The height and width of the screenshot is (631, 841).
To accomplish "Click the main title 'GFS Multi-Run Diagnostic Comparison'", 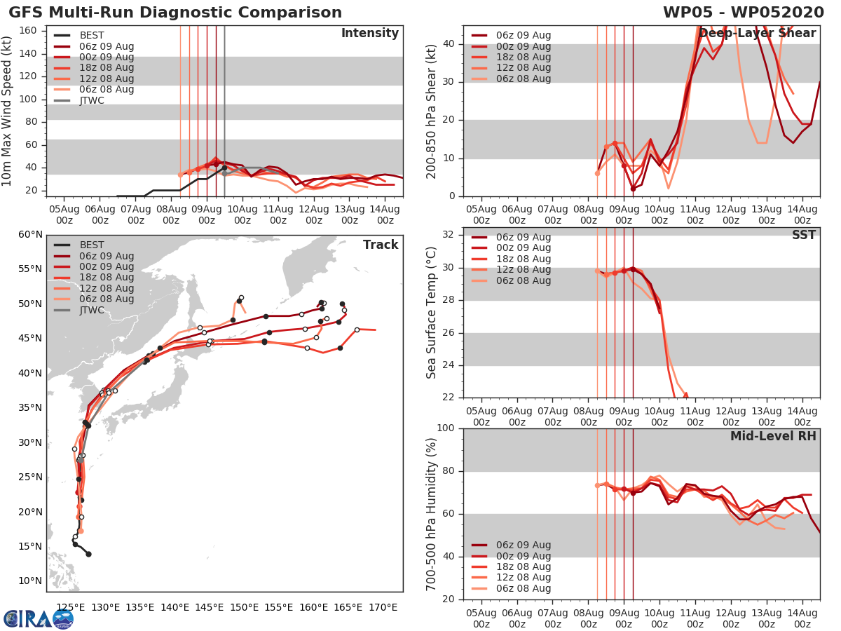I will tap(175, 13).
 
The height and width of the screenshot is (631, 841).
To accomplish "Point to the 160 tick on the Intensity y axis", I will tap(28, 31).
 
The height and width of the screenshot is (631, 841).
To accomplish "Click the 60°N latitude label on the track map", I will tap(30, 234).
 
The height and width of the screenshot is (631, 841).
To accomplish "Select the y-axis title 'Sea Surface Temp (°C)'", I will tap(432, 313).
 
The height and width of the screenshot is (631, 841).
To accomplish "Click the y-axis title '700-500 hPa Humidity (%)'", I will tap(432, 513).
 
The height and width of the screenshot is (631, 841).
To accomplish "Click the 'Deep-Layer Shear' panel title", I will tap(757, 34).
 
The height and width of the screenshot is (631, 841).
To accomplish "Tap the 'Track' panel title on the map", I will tap(380, 245).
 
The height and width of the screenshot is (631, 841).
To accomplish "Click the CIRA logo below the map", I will tap(38, 618).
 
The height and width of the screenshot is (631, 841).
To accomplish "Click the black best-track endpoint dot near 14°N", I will tap(88, 554).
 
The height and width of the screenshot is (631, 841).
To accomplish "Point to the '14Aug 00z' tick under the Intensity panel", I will tap(385, 214).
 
